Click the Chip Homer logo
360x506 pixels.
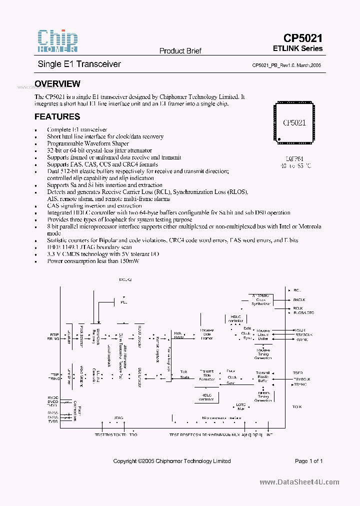tap(57, 41)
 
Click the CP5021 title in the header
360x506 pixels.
tap(302, 38)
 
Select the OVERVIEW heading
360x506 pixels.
tap(57, 84)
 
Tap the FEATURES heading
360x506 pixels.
tap(57, 117)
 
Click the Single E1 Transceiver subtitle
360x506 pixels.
tap(79, 64)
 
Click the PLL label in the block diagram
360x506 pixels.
tap(123, 302)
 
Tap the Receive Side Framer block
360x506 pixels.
tap(206, 334)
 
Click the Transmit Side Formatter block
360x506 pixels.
tap(206, 375)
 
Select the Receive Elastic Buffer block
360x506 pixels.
tap(263, 334)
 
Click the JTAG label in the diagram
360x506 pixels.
tap(118, 417)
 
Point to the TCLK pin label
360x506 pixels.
tap(297, 407)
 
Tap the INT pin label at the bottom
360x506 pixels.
tap(269, 435)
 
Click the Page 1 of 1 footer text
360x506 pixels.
tap(308, 461)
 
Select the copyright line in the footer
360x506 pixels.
tap(172, 461)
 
